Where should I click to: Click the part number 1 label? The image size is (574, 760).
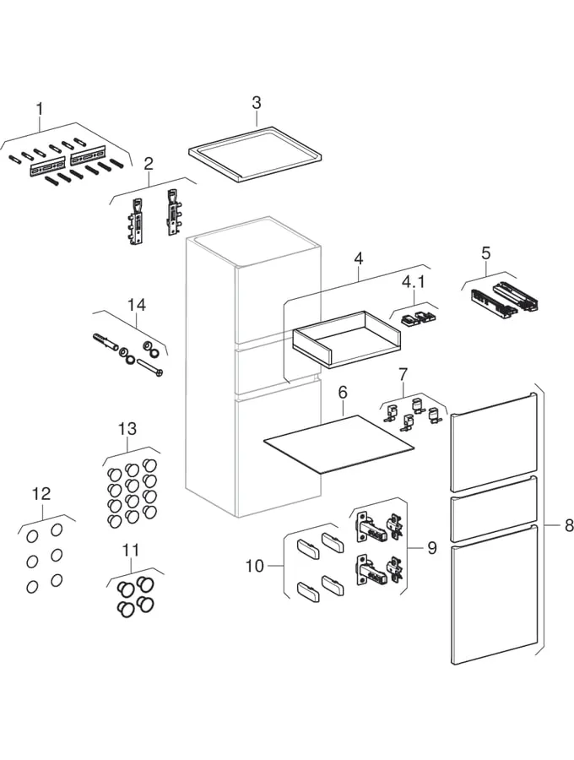point(39,109)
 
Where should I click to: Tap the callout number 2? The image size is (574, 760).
point(149,164)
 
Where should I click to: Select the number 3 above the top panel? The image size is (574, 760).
point(257,103)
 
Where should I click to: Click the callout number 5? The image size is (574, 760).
point(485,252)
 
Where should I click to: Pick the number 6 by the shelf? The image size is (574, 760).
point(343,394)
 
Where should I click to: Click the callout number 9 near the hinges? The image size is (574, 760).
point(431,548)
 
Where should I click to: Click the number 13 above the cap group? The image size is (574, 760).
point(127,430)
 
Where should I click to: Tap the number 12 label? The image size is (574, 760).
point(41,494)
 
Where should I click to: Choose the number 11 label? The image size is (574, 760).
point(130,551)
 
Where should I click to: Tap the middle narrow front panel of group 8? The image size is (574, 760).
point(494,508)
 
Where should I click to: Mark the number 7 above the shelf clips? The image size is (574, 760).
point(403,373)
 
